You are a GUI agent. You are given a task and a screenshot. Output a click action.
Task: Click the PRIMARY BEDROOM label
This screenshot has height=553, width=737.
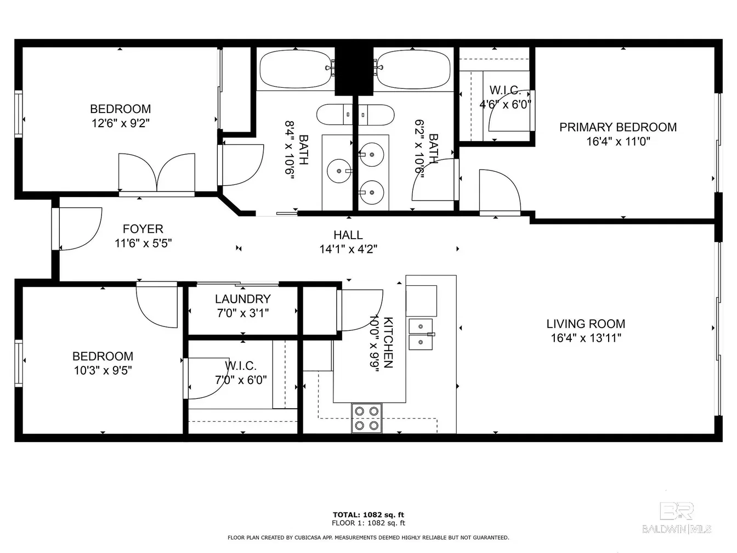(x=618, y=127)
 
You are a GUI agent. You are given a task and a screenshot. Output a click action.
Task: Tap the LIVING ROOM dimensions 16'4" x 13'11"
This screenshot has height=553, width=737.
(x=586, y=338)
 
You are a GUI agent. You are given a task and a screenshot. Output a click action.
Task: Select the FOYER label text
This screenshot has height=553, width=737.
(x=143, y=229)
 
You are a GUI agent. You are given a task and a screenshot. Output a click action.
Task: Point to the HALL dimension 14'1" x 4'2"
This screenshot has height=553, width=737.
(x=348, y=249)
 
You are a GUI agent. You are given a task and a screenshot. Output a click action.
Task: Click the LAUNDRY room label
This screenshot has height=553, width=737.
(x=243, y=299)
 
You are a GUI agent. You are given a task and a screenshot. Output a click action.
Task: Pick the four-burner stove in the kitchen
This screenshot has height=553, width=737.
(x=367, y=419)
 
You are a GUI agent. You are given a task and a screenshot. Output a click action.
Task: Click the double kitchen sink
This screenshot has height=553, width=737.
(x=421, y=334)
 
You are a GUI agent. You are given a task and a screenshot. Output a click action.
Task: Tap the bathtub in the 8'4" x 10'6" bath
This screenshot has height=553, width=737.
(x=296, y=69)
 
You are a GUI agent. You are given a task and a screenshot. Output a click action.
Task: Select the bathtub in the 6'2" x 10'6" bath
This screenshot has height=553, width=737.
(x=413, y=69)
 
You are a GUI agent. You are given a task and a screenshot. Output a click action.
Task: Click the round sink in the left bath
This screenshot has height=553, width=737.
(x=339, y=171)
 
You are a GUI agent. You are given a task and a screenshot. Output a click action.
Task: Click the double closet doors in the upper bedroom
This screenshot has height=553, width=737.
(x=157, y=173)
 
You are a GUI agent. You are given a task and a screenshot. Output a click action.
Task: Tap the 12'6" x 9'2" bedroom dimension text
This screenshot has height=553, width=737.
(x=121, y=123)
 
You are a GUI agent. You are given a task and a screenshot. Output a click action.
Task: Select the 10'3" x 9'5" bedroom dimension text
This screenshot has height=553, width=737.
(x=103, y=370)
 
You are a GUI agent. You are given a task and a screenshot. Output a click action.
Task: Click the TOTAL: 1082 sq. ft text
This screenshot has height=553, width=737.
(x=368, y=515)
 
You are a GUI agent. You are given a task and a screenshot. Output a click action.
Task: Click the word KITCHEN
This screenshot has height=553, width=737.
(x=388, y=342)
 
